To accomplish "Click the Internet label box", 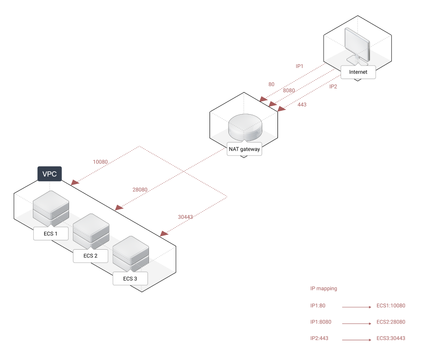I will (x=358, y=72).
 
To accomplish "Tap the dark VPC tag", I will (x=50, y=174).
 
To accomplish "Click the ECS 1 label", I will (x=50, y=234).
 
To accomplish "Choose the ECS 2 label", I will (x=90, y=256).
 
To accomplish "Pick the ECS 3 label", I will (x=130, y=279).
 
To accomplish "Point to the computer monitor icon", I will (x=357, y=45).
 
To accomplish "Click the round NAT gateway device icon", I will (x=245, y=126).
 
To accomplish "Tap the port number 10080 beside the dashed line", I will (x=101, y=162).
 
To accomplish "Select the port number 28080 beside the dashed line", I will (x=140, y=190).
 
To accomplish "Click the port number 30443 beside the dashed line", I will (x=185, y=217).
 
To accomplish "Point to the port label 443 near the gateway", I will (x=302, y=105).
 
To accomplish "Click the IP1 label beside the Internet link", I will (x=299, y=66).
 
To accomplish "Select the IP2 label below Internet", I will (x=333, y=87).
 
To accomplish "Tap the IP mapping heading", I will (x=324, y=289).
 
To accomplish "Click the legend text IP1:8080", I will (x=321, y=322).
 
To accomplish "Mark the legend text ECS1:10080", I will (x=391, y=306).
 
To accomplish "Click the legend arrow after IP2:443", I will (x=356, y=340).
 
